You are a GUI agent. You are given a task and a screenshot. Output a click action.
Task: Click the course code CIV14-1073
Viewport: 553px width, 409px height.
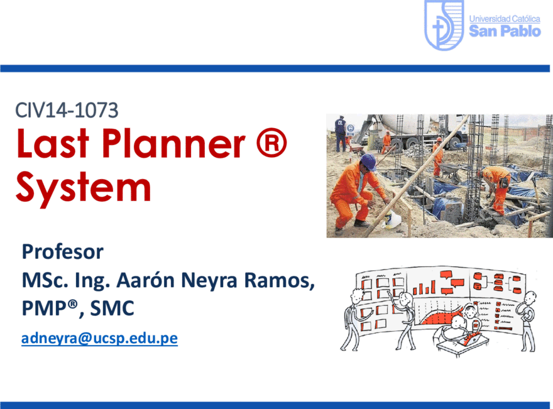[67, 110]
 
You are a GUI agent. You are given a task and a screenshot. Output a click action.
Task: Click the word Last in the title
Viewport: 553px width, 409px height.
[53, 143]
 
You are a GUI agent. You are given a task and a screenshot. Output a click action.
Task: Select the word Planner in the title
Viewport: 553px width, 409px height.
[173, 143]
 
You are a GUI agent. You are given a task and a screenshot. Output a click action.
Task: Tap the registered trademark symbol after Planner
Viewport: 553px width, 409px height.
[271, 143]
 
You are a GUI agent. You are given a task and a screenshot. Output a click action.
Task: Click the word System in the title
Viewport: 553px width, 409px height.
[84, 188]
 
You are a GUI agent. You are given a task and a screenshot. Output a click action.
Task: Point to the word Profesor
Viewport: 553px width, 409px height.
[63, 252]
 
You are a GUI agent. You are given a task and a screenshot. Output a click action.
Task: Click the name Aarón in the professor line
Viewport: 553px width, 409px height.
[146, 280]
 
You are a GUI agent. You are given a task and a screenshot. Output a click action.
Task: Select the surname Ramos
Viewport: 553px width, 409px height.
[279, 281]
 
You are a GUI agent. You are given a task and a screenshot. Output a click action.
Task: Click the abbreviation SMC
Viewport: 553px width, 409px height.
[112, 308]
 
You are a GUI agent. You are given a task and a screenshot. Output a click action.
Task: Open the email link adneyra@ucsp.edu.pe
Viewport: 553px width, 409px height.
[99, 338]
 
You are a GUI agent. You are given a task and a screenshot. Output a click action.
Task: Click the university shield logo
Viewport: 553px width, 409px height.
[444, 25]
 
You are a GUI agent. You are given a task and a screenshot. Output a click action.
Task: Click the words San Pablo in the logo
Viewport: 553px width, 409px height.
[505, 31]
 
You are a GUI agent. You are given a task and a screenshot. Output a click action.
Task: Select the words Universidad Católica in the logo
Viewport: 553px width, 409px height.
[505, 19]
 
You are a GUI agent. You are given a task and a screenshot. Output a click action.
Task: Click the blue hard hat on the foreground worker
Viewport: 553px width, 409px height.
[368, 161]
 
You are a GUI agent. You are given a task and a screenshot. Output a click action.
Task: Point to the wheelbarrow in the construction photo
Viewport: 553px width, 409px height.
[451, 170]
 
